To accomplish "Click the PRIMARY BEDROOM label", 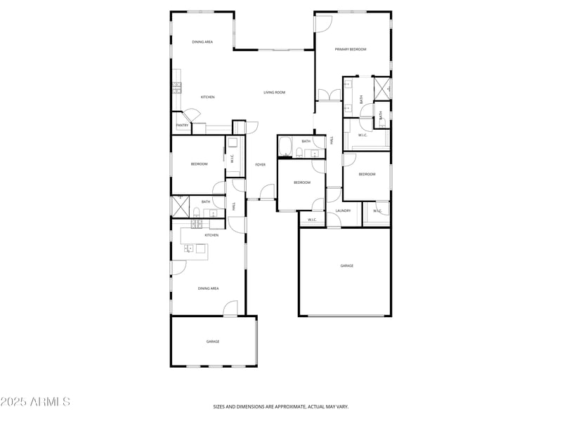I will [351, 49].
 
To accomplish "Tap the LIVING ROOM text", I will [274, 92].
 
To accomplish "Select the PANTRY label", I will [182, 126].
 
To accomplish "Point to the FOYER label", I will [260, 164].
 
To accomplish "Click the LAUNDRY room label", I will [343, 210].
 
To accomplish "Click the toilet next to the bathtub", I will [299, 153].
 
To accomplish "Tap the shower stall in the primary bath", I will [383, 88].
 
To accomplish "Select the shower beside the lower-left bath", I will [178, 206].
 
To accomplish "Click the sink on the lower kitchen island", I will [188, 248].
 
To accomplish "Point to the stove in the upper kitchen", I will [177, 87].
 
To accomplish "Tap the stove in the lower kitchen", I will [197, 224].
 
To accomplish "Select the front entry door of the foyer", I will [266, 192].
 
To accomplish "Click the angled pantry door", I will [189, 114].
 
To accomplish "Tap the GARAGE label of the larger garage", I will [346, 266].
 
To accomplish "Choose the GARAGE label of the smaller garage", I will [213, 342].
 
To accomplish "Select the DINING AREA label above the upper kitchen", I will [202, 42].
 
